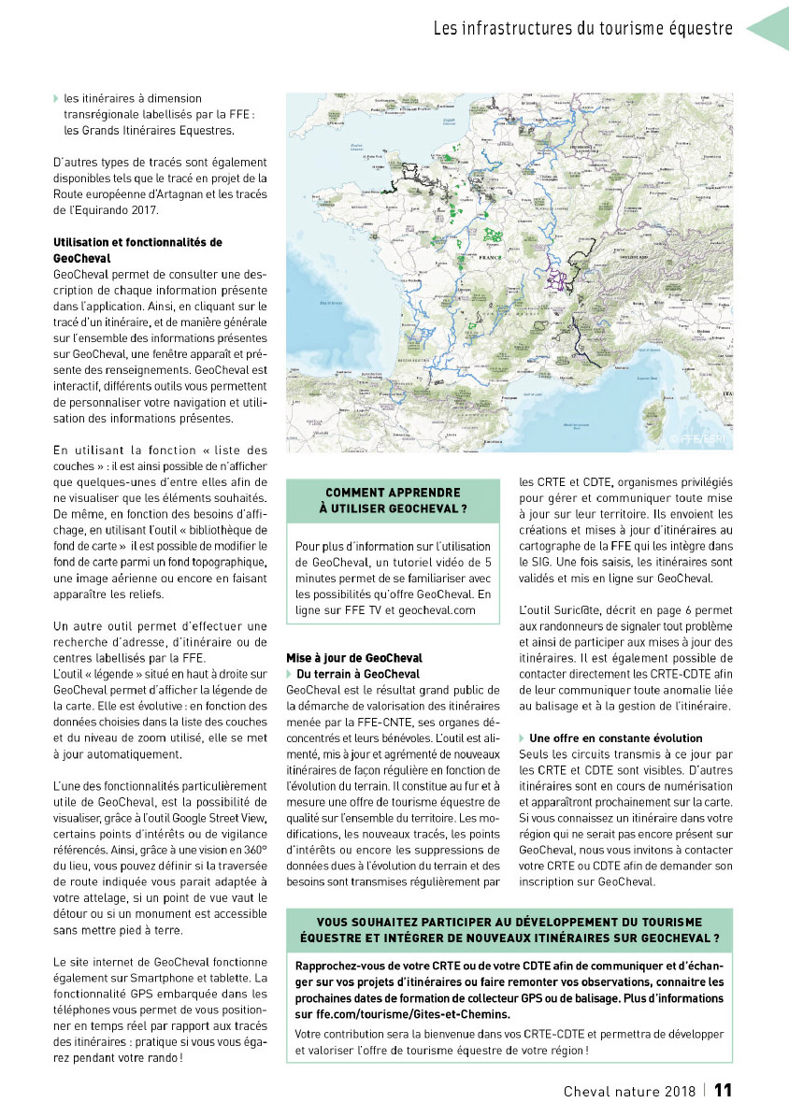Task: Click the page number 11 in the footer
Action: click(723, 1090)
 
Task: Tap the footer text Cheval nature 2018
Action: click(629, 1091)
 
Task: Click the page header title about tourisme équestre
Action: click(582, 28)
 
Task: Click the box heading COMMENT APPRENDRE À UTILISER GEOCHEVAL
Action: click(393, 500)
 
